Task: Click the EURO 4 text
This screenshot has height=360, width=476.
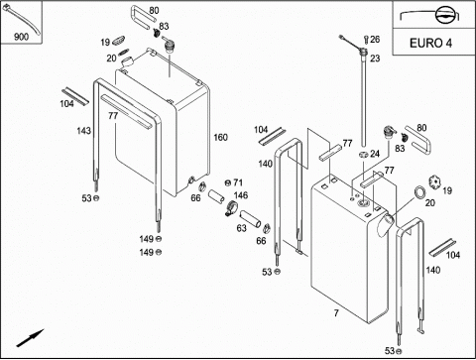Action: pyautogui.click(x=430, y=43)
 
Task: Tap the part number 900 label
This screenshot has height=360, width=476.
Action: pyautogui.click(x=21, y=37)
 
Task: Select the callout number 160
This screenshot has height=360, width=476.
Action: pyautogui.click(x=220, y=137)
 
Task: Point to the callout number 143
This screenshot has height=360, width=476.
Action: pyautogui.click(x=83, y=131)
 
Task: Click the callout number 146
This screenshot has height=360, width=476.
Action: pyautogui.click(x=241, y=195)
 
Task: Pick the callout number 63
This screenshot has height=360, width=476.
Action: pyautogui.click(x=241, y=228)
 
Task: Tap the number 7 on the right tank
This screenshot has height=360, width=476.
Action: pyautogui.click(x=336, y=312)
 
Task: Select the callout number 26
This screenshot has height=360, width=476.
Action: pyautogui.click(x=375, y=40)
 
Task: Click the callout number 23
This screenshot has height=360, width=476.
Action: pyautogui.click(x=375, y=59)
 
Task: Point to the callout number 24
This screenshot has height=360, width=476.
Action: pyautogui.click(x=375, y=154)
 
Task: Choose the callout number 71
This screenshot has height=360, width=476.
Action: pyautogui.click(x=238, y=182)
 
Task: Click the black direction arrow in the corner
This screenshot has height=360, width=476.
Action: pyautogui.click(x=30, y=338)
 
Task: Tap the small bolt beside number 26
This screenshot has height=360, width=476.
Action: pyautogui.click(x=366, y=40)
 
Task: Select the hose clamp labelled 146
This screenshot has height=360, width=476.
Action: pyautogui.click(x=232, y=208)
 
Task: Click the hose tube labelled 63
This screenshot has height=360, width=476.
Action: pyautogui.click(x=250, y=219)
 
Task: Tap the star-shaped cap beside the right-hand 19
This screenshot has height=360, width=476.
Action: pyautogui.click(x=435, y=181)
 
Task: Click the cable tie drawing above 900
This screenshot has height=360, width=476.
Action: pyautogui.click(x=21, y=20)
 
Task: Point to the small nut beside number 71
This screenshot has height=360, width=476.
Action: pyautogui.click(x=227, y=182)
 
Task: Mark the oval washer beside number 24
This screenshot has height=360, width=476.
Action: pyautogui.click(x=364, y=155)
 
